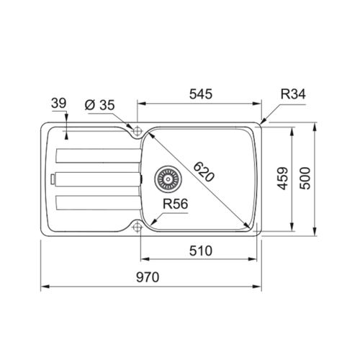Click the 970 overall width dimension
pos(148,277)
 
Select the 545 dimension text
pos(201,94)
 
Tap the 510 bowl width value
pos(201,251)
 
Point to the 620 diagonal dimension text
pos(204,172)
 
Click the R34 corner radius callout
pos(293,94)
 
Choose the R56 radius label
pos(176,204)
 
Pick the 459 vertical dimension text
pos(282,179)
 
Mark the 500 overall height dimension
pos(305,179)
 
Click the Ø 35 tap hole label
pos(100,105)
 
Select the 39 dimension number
pos(58,104)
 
